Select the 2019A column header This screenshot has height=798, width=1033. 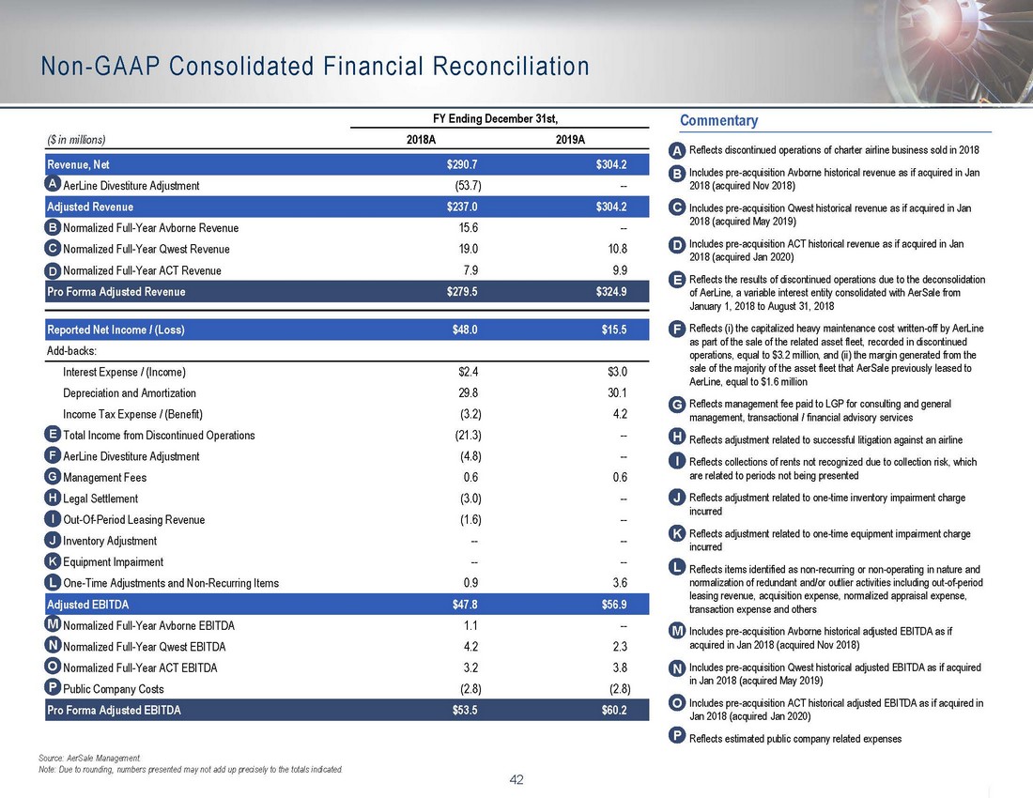[x=566, y=140]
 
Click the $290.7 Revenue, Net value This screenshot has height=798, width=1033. [x=463, y=164]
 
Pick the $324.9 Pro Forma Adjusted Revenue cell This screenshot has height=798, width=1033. [x=605, y=291]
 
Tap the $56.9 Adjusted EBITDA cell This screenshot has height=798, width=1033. [x=609, y=605]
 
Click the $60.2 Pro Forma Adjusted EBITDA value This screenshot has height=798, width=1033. [x=609, y=710]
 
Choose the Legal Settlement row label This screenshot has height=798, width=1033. [x=100, y=499]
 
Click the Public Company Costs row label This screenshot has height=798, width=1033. [x=113, y=689]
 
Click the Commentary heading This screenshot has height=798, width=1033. [x=718, y=121]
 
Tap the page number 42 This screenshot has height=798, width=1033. [x=516, y=778]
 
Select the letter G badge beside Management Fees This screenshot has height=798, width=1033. [x=53, y=477]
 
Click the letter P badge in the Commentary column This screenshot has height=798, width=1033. [x=677, y=738]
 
